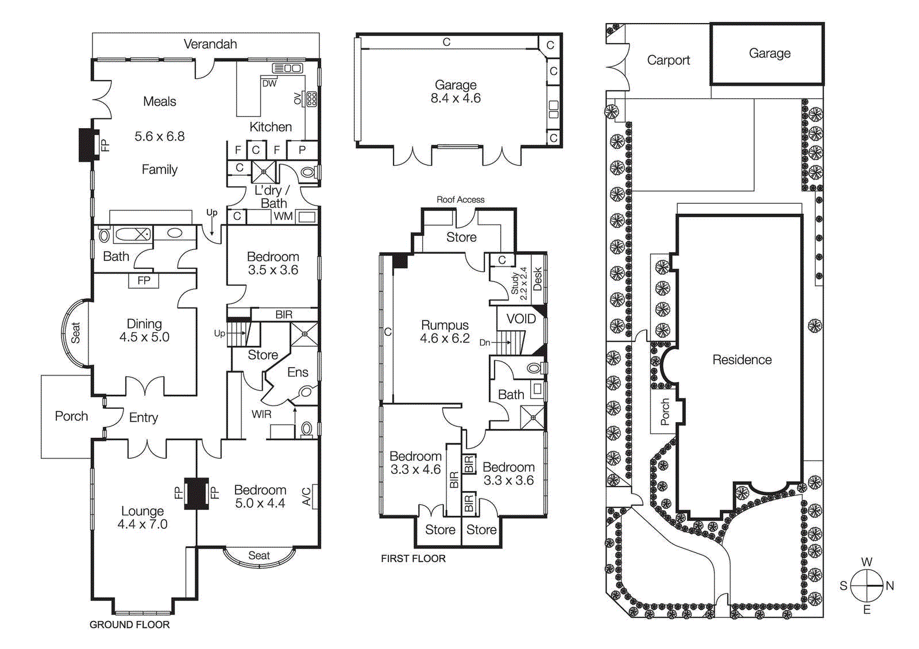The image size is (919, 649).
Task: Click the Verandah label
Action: coord(210,44)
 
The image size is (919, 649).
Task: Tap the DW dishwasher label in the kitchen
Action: coord(269,83)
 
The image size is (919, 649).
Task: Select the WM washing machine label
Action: coord(283,217)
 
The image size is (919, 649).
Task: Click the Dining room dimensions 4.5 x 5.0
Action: coord(144,338)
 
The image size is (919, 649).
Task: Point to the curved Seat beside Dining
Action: coord(75,333)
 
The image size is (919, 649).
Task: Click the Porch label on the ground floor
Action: coord(71,416)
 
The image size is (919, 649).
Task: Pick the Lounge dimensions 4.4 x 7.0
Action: coord(142,524)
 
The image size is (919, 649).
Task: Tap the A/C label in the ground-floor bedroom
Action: coord(307,496)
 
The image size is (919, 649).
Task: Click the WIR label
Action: coord(261,414)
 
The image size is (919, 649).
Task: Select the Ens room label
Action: coord(298,373)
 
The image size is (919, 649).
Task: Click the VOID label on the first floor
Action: coord(521,319)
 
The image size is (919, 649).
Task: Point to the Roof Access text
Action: coord(460,200)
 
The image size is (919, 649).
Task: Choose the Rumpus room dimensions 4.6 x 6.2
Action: coord(445,339)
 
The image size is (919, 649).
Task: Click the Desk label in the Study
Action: coord(538,279)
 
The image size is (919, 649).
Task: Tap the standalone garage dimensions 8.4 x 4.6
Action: coord(455,99)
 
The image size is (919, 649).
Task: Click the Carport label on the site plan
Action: coord(668,60)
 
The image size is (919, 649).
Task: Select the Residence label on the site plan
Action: coord(742,360)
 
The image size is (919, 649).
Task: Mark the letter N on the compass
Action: coord(890,586)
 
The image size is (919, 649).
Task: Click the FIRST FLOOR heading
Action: coord(413,559)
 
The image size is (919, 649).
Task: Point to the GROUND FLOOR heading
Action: coord(129,625)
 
